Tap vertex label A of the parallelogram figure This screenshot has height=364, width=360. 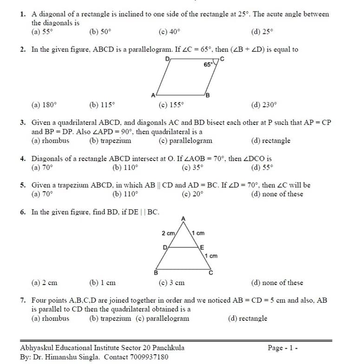(153, 96)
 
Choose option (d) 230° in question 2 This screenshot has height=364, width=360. (263, 105)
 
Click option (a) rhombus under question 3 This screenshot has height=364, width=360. (50, 141)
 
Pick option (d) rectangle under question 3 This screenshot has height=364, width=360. (270, 141)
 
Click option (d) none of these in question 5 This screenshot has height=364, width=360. (276, 194)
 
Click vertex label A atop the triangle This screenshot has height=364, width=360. (183, 218)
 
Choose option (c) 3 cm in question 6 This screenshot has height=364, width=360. (171, 283)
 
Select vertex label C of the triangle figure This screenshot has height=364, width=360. (210, 272)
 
